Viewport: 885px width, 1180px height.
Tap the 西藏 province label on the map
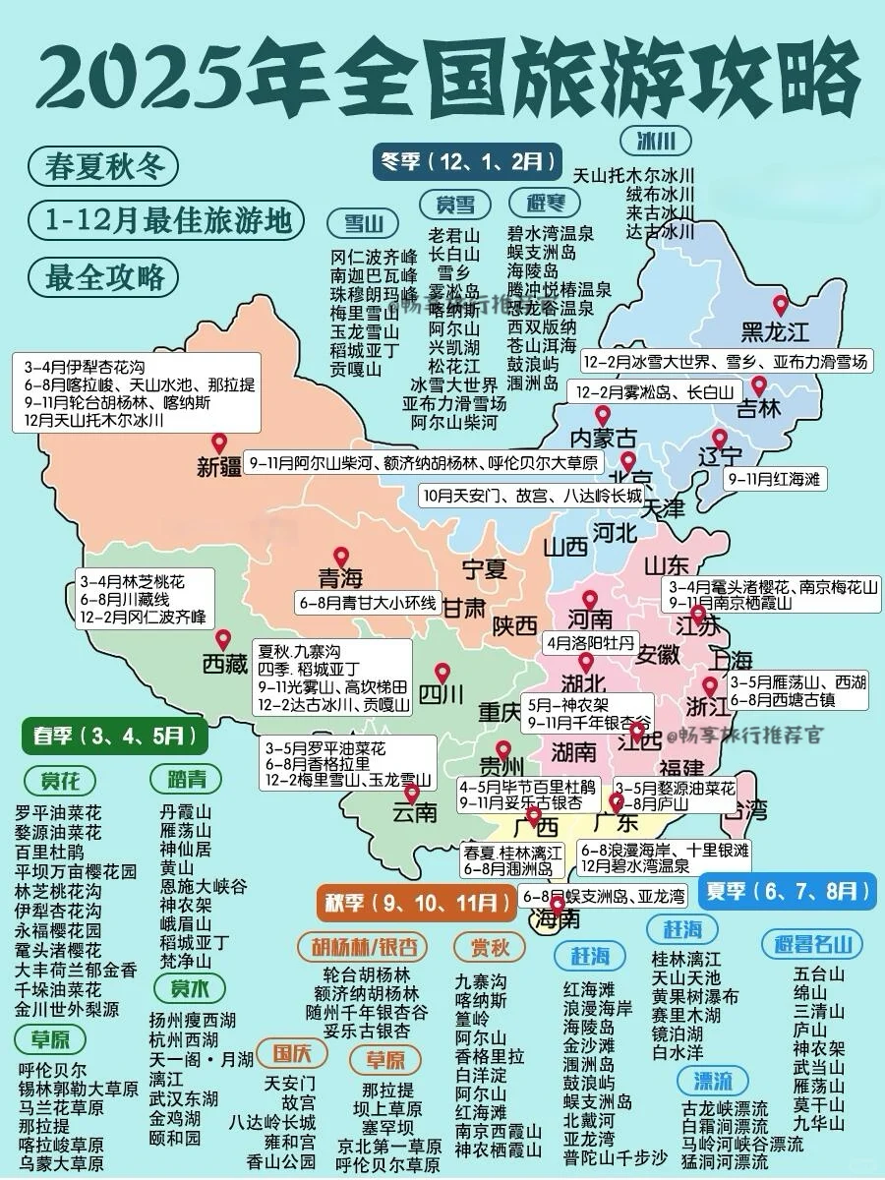coord(223,664)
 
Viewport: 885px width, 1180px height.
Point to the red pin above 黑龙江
coord(781,306)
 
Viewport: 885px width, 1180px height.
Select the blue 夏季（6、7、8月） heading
coord(788,892)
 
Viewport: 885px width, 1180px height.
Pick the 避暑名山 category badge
coord(812,945)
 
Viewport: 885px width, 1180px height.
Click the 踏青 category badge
coord(187,781)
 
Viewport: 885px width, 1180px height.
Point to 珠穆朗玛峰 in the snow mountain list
coord(374,294)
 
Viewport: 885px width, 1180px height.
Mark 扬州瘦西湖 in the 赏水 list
coord(192,1018)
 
